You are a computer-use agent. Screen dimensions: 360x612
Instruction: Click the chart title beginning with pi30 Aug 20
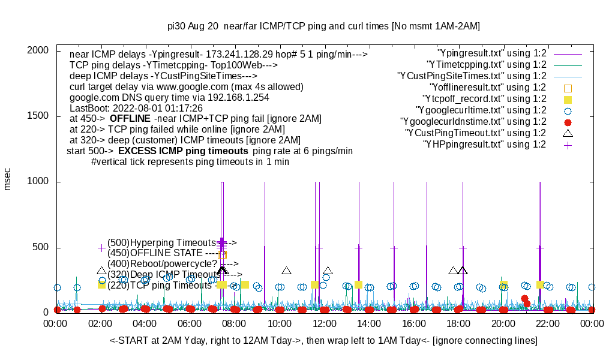[323, 26]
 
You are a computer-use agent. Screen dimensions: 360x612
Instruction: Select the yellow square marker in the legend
[568, 99]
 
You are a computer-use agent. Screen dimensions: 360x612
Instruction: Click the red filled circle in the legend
[568, 122]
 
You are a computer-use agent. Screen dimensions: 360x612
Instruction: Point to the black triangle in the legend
[568, 133]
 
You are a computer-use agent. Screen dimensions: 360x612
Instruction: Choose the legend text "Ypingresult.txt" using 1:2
[492, 53]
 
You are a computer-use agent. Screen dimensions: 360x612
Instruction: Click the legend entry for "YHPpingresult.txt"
[485, 144]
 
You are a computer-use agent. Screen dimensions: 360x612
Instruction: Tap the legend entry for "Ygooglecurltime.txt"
[481, 110]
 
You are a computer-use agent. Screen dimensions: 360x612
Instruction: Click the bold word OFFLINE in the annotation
[129, 119]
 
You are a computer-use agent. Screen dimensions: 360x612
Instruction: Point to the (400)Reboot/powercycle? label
[162, 263]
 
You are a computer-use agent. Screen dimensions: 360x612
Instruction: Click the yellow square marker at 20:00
[503, 284]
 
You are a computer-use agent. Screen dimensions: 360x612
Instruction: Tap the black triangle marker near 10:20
[287, 271]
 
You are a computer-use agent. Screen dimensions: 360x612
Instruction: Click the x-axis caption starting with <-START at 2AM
[323, 341]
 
